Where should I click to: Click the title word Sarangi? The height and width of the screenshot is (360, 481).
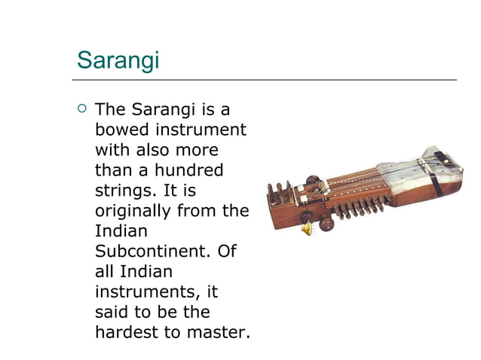pos(118,60)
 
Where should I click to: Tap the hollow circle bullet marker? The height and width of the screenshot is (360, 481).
pos(81,110)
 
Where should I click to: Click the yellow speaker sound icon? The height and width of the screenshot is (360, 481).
pos(308,229)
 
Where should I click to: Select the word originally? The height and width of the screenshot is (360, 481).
pos(132,211)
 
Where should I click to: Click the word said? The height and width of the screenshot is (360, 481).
pos(112,312)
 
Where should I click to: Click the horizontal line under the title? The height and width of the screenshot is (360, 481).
pos(265,78)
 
